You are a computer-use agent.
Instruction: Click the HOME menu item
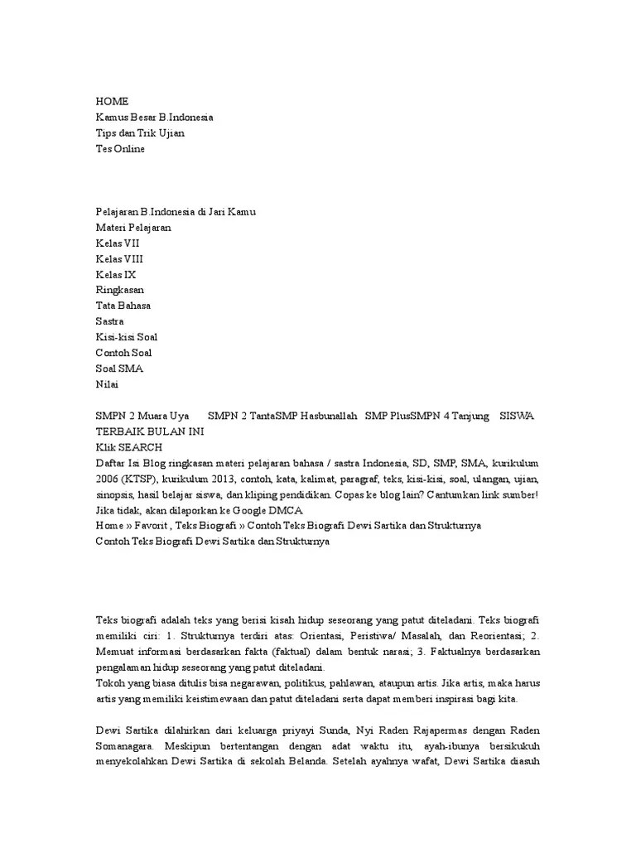pos(112,101)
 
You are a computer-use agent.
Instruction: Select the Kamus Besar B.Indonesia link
pos(154,117)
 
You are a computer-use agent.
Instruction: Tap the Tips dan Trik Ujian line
pos(140,132)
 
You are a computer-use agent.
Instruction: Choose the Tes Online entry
pos(120,148)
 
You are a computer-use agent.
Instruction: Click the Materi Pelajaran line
pos(133,227)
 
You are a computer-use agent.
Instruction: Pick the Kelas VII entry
pos(118,243)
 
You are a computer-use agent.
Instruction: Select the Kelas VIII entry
pos(119,258)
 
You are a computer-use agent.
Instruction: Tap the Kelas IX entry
pos(116,274)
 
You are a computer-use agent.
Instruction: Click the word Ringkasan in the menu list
pos(119,290)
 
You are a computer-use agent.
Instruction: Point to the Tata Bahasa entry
pos(123,306)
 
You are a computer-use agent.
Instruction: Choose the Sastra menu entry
pos(109,321)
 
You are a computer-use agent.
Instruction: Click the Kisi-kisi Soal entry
pos(126,337)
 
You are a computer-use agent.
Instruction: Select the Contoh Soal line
pos(123,353)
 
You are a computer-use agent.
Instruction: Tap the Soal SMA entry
pos(119,369)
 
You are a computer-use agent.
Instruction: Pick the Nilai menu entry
pos(107,384)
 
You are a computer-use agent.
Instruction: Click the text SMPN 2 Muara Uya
pos(142,416)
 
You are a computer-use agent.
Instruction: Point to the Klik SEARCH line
pos(128,447)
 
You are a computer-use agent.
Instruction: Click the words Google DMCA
pos(274,510)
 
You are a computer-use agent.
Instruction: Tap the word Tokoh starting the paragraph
pos(110,682)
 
